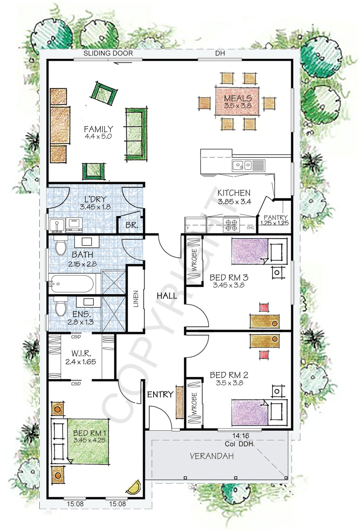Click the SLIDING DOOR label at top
pyautogui.click(x=108, y=53)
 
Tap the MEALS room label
pyautogui.click(x=238, y=98)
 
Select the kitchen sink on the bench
pyautogui.click(x=242, y=165)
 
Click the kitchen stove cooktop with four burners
pyautogui.click(x=231, y=225)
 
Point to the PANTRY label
pyautogui.click(x=275, y=217)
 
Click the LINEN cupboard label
pyautogui.click(x=136, y=299)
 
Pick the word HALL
pyautogui.click(x=167, y=296)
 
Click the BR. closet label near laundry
pyautogui.click(x=132, y=225)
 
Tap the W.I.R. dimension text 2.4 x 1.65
pyautogui.click(x=81, y=362)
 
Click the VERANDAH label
pyautogui.click(x=211, y=456)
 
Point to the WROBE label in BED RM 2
pyautogui.click(x=194, y=403)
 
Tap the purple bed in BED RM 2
pyautogui.click(x=250, y=412)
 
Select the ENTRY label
pyautogui.click(x=160, y=394)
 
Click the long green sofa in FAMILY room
pyautogui.click(x=136, y=134)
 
